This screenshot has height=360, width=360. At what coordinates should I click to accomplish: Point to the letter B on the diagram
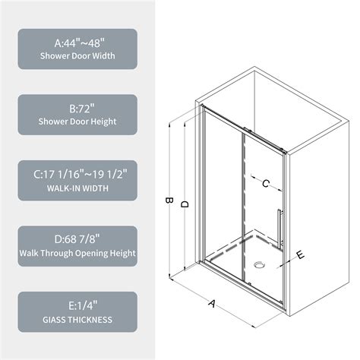tap(169, 202)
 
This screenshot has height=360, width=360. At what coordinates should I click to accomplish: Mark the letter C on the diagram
tap(266, 183)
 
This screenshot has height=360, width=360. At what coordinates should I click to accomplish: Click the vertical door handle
tap(279, 228)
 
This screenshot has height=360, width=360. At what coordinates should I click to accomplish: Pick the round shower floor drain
tap(260, 267)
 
